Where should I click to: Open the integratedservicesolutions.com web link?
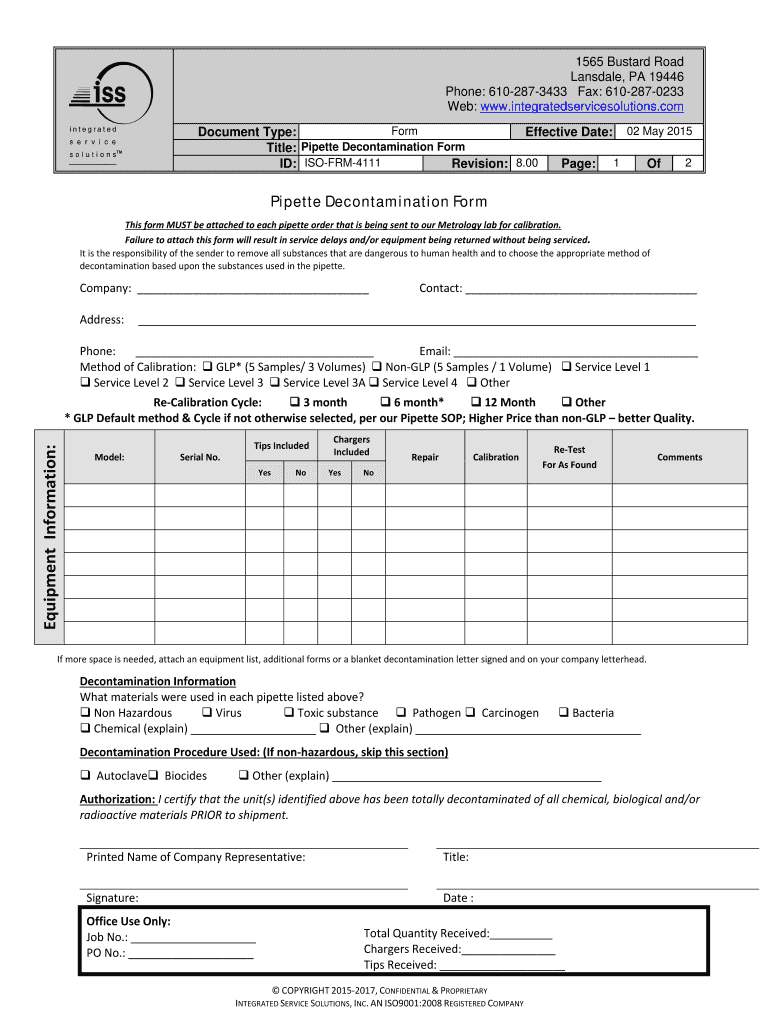[581, 106]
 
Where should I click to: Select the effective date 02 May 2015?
[658, 132]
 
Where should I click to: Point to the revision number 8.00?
[527, 163]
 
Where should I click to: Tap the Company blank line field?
[252, 290]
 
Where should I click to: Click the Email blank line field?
[575, 352]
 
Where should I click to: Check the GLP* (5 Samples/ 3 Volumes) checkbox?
[208, 367]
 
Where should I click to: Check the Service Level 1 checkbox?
[567, 367]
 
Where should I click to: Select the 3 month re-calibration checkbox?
[295, 402]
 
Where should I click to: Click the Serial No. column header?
[200, 457]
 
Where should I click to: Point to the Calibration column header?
[496, 457]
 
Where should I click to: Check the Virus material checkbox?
[207, 713]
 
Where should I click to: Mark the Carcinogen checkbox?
[473, 713]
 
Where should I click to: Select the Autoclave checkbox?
[86, 776]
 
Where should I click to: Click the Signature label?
[112, 898]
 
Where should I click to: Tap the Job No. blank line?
[193, 938]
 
